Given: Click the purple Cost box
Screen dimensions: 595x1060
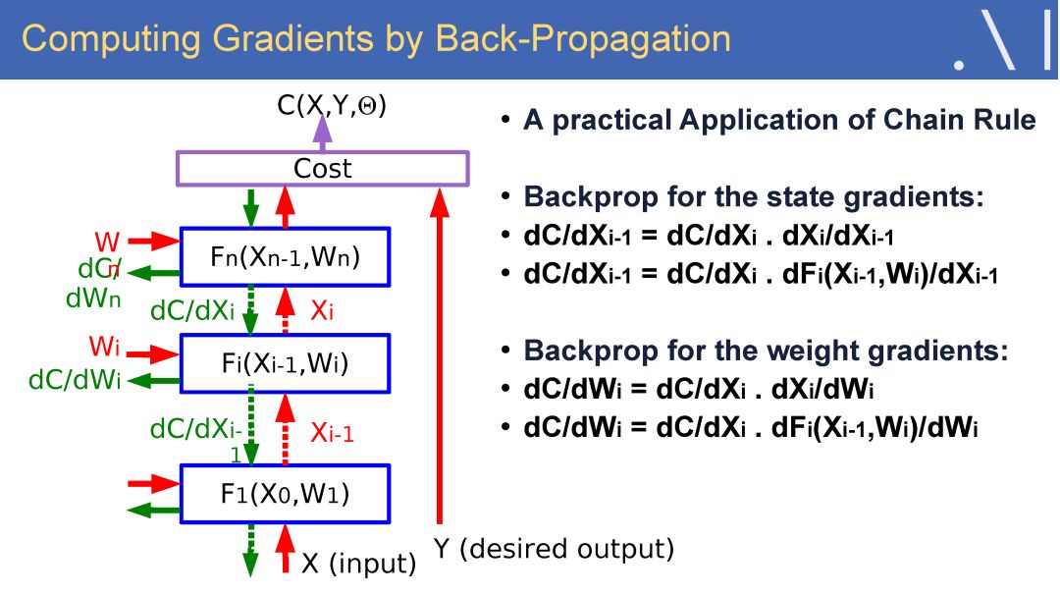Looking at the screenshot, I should click(x=322, y=169).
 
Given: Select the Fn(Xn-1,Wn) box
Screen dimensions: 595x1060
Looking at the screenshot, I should click(x=285, y=257).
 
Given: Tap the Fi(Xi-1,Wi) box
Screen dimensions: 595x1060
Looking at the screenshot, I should click(x=285, y=363).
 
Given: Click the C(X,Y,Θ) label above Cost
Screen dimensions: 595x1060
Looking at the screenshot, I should click(x=332, y=104).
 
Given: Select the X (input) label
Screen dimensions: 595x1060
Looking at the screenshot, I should click(x=358, y=564).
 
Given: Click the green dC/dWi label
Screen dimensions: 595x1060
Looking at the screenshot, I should click(x=75, y=380).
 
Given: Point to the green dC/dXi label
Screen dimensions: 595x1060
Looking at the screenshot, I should click(x=192, y=311).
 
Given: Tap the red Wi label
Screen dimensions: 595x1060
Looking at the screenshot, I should click(x=105, y=347).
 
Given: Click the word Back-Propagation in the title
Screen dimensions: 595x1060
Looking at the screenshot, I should click(x=583, y=38).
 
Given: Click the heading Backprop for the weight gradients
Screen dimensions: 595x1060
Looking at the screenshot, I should click(x=766, y=351).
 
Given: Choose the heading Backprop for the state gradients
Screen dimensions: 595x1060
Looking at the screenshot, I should click(x=754, y=196).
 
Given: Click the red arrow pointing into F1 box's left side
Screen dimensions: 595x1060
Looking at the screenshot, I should click(x=153, y=483).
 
